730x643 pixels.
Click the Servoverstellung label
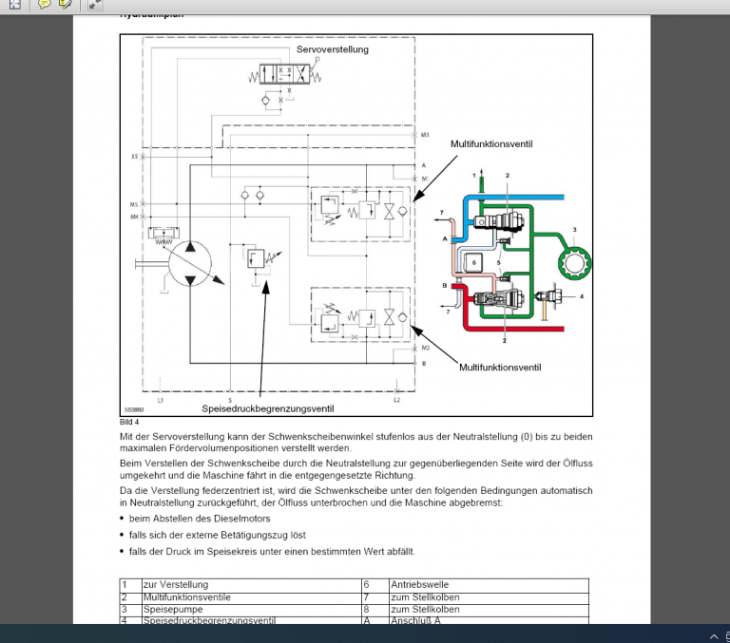coord(333,49)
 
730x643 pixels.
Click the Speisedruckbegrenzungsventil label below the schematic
coord(267,408)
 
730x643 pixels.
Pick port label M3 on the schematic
coord(425,136)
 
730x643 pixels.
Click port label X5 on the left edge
coord(134,156)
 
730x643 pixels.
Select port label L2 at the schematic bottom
coord(396,400)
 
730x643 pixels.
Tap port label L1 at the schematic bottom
coord(161,400)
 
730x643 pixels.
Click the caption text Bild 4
coord(129,421)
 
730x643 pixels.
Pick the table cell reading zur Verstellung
coord(175,584)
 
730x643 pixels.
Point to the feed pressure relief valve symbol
coord(255,258)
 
